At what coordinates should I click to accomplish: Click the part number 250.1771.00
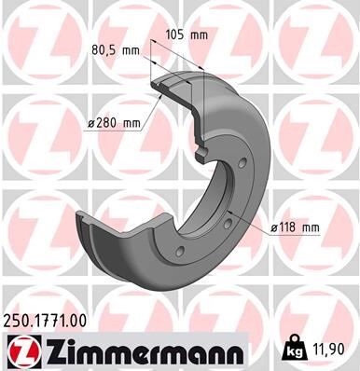[x=49, y=321]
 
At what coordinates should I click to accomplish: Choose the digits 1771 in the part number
[x=52, y=321]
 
